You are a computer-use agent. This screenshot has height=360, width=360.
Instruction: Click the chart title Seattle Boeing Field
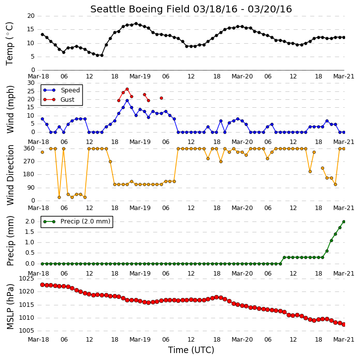click(x=140, y=9)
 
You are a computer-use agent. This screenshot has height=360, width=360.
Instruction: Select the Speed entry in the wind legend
click(x=62, y=90)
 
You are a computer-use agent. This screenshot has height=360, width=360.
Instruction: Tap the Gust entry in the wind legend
click(x=59, y=99)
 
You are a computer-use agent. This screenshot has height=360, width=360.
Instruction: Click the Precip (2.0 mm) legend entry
click(x=77, y=221)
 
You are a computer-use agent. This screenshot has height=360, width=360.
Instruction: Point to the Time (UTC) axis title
click(x=191, y=350)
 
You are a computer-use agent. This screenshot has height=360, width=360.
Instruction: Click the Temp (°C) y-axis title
click(x=9, y=44)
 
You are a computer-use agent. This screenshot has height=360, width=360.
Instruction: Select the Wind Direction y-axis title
click(x=10, y=175)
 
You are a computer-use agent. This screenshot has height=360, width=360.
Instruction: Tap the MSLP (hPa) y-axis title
click(x=10, y=306)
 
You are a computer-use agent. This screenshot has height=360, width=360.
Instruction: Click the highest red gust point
click(x=127, y=89)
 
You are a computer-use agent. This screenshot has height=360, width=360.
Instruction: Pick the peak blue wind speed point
click(x=127, y=101)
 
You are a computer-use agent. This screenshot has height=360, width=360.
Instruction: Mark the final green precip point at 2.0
click(x=344, y=221)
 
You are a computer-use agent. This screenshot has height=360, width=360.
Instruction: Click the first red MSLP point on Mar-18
click(x=42, y=285)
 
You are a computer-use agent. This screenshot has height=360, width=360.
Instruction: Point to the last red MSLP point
click(x=344, y=324)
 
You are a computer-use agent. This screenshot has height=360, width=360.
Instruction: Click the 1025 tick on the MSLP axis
click(x=27, y=279)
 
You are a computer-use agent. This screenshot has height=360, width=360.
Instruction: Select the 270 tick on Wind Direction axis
click(x=29, y=161)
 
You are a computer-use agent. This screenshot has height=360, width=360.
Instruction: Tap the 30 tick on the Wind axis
click(x=31, y=83)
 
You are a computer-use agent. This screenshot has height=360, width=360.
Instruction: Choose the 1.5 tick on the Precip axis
click(x=30, y=232)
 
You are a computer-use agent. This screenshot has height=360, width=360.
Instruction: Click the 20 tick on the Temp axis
click(x=31, y=16)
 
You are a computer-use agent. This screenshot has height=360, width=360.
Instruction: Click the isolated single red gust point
click(x=161, y=98)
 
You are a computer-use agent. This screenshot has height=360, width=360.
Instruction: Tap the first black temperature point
click(x=42, y=34)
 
